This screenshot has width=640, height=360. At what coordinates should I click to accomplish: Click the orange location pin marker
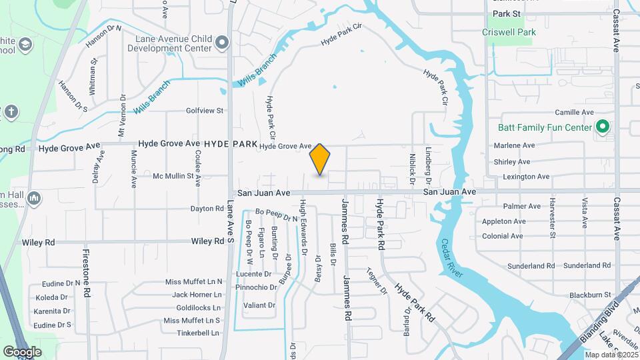pos(320,159)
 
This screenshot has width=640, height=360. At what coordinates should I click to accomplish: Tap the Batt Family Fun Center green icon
pos(603,127)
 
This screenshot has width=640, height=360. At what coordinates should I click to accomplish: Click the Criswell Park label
pos(509,31)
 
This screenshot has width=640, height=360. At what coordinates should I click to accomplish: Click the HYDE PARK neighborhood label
pos(231,144)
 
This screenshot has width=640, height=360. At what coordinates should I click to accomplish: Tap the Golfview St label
pos(205,111)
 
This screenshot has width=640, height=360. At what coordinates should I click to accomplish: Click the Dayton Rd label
pos(207,209)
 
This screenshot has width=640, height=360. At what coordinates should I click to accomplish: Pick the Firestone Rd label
pos(86,274)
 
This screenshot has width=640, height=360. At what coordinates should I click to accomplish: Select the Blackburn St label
pos(590,295)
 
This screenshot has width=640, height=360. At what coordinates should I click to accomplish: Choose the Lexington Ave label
pos(527,177)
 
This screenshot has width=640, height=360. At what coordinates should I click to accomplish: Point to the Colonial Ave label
pos(502,236)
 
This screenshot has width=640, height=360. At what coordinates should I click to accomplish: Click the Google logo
pos(23,351)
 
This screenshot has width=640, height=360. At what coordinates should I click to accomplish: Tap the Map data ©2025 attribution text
pos(611,355)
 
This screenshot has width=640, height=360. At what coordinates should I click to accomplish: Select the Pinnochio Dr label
pos(255,287)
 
